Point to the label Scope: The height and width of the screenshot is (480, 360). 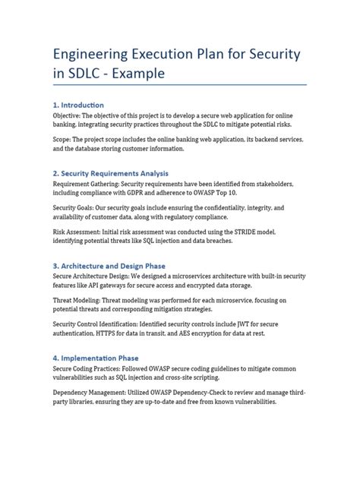[x=65, y=141]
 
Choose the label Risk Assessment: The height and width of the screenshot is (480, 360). [x=84, y=232]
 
